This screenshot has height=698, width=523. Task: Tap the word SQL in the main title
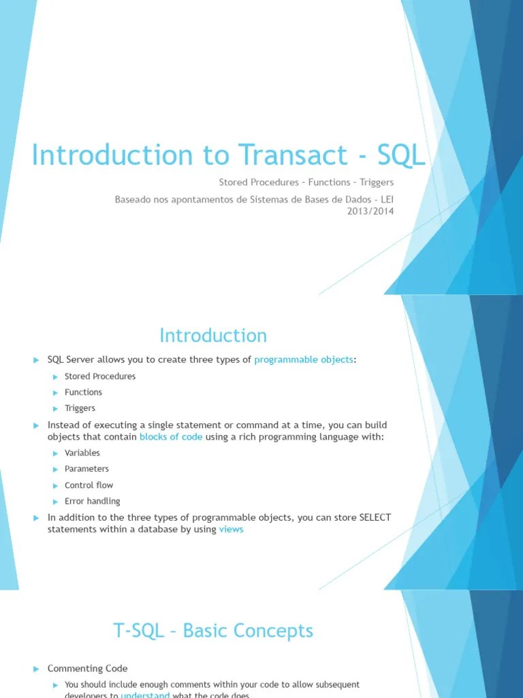coord(401,155)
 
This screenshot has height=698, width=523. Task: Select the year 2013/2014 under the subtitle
coord(371,211)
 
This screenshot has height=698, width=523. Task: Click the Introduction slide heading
coord(213,335)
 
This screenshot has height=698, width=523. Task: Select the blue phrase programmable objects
coord(304,359)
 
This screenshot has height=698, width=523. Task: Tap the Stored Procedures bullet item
coord(100,376)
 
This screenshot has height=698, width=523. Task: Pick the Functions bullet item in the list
coord(83,392)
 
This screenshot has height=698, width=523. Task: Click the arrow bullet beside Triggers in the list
coord(57,408)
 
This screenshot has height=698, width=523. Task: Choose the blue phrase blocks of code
coord(171,436)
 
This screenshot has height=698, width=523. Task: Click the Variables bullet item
coord(82,453)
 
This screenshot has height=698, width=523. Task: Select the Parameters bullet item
coord(86,469)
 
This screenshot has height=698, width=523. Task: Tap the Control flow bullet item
coord(89,485)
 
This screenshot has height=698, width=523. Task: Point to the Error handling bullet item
coord(92,501)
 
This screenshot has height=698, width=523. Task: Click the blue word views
coord(231,529)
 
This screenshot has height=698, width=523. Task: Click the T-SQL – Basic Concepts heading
coord(213,631)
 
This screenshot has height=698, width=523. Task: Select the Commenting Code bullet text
coord(87,669)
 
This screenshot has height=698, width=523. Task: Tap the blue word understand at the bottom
coord(145,695)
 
